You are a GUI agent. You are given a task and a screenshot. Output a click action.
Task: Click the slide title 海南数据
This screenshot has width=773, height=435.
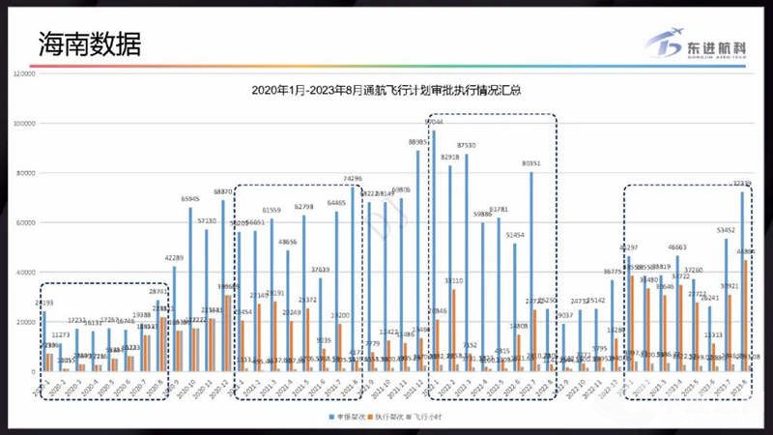(89, 43)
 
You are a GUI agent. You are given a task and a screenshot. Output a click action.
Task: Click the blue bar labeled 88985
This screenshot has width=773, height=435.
(418, 261)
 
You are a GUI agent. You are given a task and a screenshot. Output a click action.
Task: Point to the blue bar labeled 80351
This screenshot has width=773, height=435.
(530, 271)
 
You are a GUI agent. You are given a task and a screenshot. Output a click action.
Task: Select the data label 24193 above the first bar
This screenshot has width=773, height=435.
(43, 304)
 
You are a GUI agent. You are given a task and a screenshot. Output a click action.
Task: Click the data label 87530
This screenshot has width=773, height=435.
(466, 145)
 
